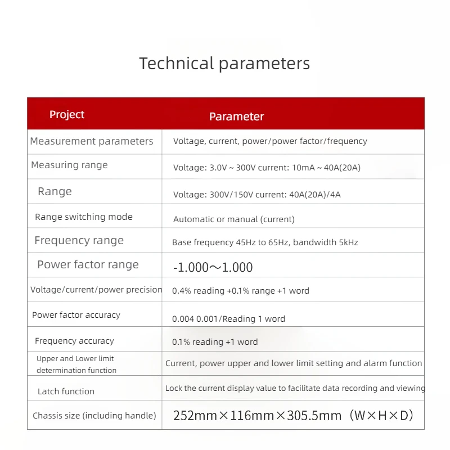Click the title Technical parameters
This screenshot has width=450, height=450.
[224, 63]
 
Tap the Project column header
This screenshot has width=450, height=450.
[67, 115]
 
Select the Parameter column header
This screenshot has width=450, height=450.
[236, 116]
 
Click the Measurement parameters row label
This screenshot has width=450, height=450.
[92, 141]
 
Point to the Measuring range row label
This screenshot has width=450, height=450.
[69, 165]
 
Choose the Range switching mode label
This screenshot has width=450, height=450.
[84, 217]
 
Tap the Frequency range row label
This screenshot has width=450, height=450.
[79, 241]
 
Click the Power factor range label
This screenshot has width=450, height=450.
[88, 265]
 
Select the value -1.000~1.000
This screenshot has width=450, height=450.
[213, 268]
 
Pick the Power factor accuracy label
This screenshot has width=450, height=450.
[76, 315]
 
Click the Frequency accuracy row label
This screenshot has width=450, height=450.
[74, 341]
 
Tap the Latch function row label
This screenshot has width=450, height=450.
[66, 391]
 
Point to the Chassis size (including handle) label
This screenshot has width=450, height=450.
[94, 416]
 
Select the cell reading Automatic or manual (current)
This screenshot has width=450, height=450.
[234, 219]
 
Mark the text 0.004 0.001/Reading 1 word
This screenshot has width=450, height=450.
[228, 319]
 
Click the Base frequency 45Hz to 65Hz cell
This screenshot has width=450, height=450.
[265, 243]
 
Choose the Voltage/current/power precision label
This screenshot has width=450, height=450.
[96, 290]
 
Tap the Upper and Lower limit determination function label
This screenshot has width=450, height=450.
[76, 364]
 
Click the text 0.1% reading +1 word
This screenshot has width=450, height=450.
[215, 342]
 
